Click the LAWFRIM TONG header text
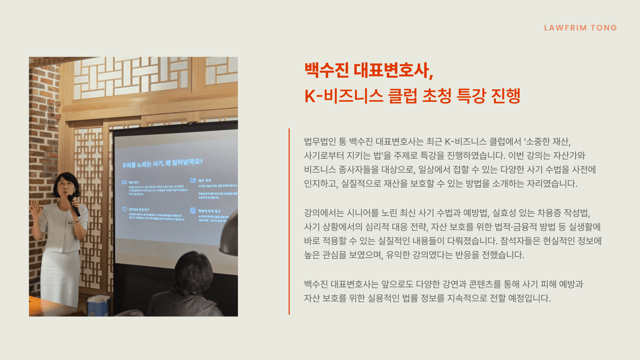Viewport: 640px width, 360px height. [580, 28]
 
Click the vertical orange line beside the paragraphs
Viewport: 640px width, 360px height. [289, 221]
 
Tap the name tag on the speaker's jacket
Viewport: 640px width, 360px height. [70, 223]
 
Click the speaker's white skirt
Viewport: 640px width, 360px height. [60, 277]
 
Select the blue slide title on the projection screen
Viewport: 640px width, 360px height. [162, 163]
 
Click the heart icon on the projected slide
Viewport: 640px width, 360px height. [124, 209]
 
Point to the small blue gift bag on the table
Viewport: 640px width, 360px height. [98, 305]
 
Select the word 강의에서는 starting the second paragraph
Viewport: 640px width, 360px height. [324, 213]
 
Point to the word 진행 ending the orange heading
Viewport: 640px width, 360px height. [505, 96]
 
